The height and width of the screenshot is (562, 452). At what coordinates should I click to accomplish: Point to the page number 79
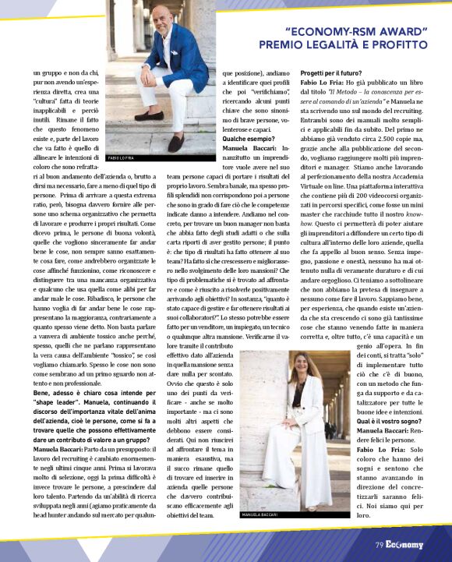[378, 546]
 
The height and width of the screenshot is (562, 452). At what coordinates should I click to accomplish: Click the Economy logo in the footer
[404, 546]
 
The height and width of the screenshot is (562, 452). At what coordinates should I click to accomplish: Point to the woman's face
[298, 366]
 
